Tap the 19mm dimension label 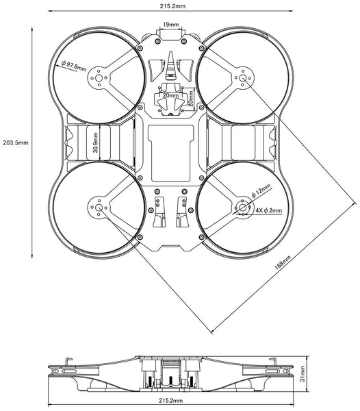tap(170, 25)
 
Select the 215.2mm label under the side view tap(170, 399)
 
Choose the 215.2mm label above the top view tap(170, 5)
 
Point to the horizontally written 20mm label tap(170, 97)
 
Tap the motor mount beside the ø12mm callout tap(244, 207)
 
